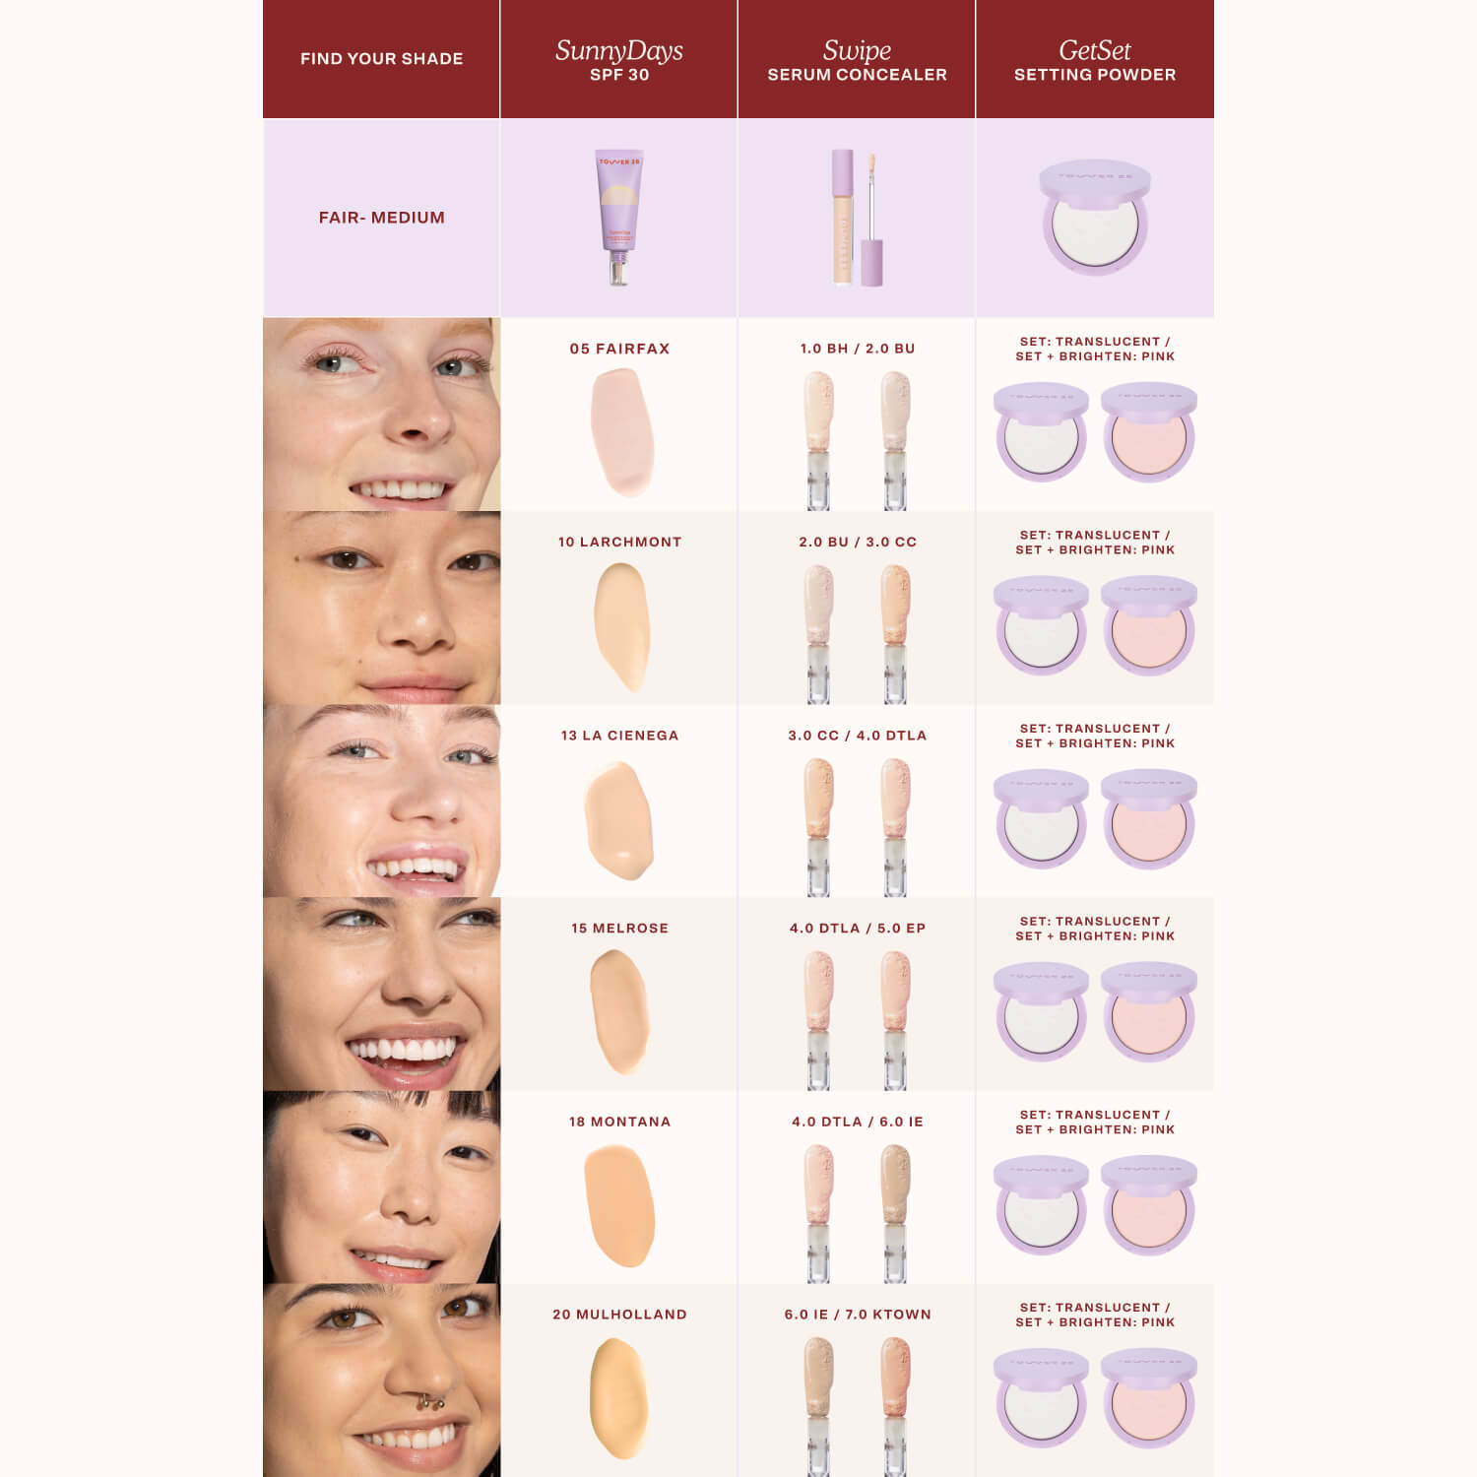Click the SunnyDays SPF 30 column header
[x=618, y=59]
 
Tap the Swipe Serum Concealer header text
[x=857, y=59]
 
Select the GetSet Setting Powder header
[x=1094, y=59]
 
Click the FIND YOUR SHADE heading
[x=381, y=59]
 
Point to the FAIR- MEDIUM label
[x=381, y=218]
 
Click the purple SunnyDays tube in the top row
[x=618, y=217]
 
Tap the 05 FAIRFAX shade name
[x=619, y=349]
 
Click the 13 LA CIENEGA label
[x=619, y=736]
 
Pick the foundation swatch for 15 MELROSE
[x=619, y=1010]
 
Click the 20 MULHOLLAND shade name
[x=619, y=1315]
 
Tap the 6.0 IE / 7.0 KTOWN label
[x=858, y=1315]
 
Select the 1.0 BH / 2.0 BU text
[x=858, y=349]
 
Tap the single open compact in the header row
[x=1094, y=219]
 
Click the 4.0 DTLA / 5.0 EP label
[x=858, y=929]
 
